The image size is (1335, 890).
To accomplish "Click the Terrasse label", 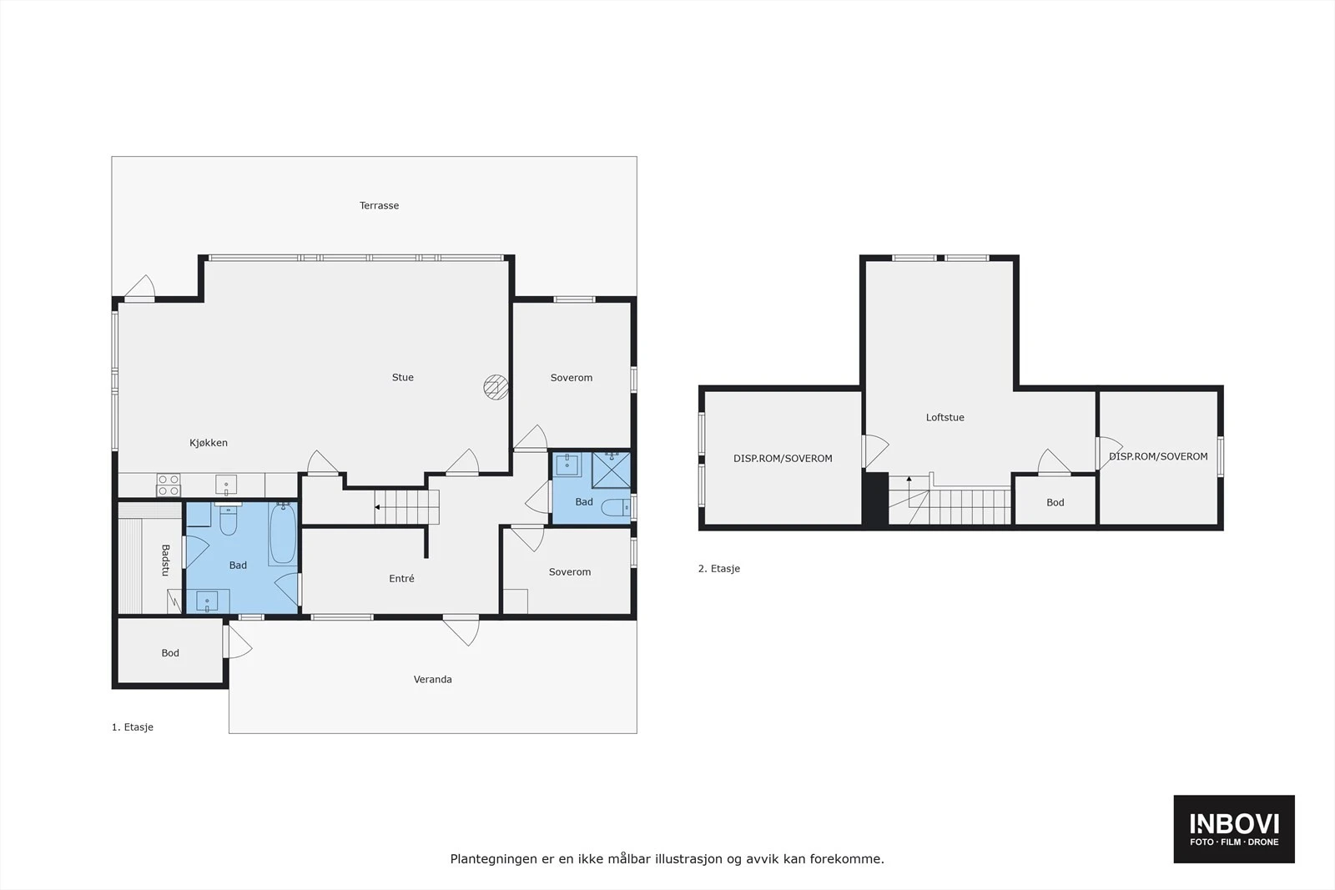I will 379,205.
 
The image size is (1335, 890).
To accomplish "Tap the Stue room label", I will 402,377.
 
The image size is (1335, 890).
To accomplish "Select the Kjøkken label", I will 208,443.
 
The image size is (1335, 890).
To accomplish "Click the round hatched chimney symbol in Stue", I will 496,386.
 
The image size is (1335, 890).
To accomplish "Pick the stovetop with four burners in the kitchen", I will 169,485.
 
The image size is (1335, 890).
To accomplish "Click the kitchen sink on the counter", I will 225,484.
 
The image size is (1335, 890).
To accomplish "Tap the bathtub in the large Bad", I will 282,534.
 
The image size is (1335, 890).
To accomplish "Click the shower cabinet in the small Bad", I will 611,470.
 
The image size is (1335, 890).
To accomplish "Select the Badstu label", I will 165,560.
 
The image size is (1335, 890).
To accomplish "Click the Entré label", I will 401,578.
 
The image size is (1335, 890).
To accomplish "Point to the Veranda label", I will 432,679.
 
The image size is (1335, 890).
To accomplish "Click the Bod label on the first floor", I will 170,653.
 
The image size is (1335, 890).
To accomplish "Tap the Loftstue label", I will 945,417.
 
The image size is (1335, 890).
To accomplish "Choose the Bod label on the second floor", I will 1055,502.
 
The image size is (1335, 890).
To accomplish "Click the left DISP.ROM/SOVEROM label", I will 783,458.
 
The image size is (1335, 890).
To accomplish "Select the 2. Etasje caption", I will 718,568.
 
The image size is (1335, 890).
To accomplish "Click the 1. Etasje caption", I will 132,727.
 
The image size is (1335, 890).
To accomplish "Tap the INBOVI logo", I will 1233,828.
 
